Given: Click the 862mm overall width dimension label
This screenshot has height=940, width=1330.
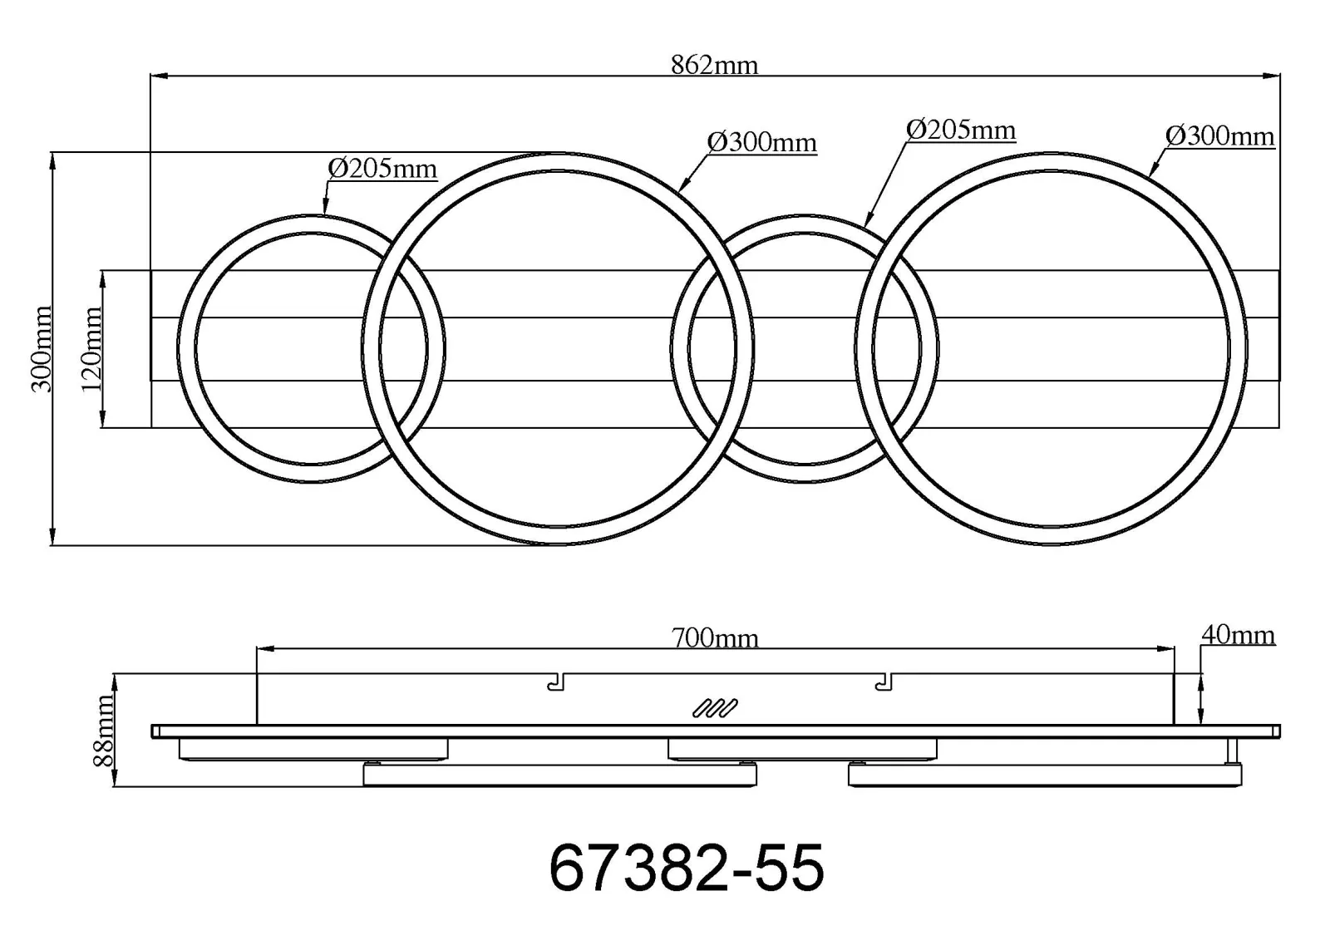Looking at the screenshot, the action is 714,66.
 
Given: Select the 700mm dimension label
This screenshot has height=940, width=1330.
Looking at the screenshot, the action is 715,638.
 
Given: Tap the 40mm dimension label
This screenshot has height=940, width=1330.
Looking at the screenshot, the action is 1238,635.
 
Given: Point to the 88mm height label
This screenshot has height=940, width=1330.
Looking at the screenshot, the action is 103,731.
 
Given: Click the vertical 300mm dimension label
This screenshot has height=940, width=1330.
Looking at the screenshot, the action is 42,349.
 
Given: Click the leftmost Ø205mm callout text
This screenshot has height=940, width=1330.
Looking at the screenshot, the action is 382,170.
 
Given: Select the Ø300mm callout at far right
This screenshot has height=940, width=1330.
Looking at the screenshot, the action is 1220,136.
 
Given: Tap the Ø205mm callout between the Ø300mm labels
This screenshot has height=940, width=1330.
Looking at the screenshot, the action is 961,130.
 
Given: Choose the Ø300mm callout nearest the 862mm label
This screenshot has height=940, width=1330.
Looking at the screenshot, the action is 761,142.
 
